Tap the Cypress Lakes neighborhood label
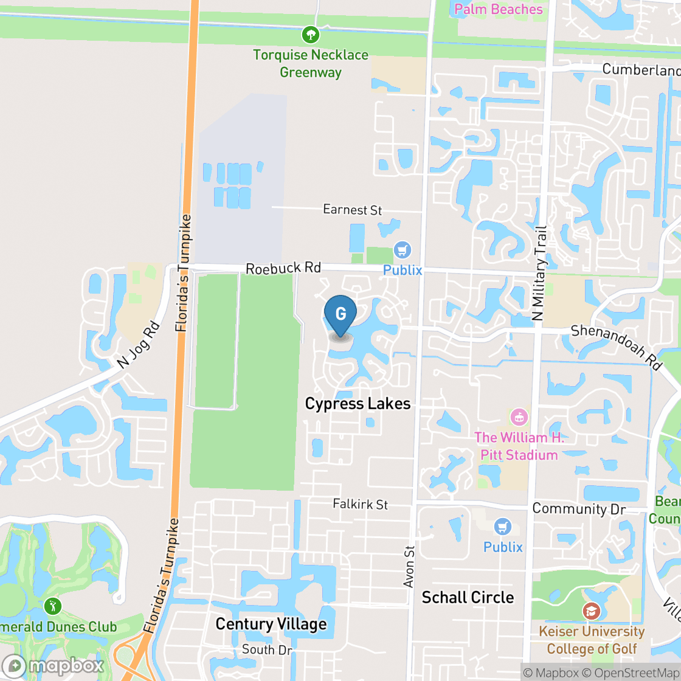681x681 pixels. [358, 404]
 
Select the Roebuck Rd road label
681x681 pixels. [283, 268]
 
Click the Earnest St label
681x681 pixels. [352, 210]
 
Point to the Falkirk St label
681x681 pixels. [360, 504]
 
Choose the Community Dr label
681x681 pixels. [578, 509]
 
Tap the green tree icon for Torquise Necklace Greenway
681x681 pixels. [311, 33]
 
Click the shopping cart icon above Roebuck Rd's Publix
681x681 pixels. [402, 250]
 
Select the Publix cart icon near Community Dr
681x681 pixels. [502, 527]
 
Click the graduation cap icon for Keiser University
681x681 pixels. [591, 610]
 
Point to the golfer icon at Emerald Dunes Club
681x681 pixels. [53, 606]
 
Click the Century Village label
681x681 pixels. [271, 624]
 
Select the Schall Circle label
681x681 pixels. [468, 597]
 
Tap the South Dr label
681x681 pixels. [267, 650]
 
